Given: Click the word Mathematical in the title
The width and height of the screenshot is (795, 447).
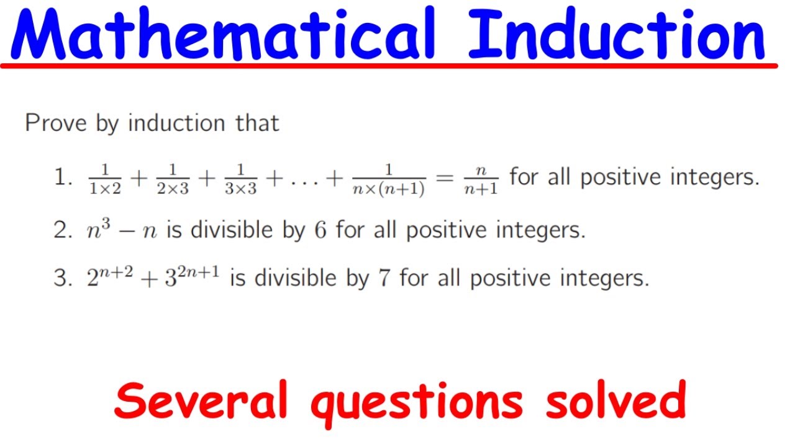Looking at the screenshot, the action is coord(223,33).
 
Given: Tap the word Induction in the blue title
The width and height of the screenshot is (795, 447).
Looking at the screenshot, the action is coord(617,34).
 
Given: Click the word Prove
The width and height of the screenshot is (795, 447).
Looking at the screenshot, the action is coord(56,123).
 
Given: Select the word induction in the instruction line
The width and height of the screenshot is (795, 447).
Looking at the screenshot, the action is coord(177,123).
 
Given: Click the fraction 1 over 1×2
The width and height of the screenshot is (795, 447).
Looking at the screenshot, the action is coord(105,179).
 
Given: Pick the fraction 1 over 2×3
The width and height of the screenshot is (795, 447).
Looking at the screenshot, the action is coord(173,179).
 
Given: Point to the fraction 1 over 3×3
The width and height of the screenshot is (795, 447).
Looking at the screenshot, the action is coord(240,179).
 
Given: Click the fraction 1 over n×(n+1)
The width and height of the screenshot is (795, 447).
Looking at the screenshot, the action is coord(389,180).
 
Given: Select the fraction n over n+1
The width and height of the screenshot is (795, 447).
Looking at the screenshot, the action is coord(481,180).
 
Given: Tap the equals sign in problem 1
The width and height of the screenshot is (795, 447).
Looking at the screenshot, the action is coord(445,178).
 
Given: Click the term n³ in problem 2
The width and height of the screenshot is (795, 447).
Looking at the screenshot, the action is coord(98,229).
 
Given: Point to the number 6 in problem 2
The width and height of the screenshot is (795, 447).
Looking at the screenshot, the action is coord(320,230).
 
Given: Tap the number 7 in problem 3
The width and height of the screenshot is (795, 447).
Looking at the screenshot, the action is coord(384,278).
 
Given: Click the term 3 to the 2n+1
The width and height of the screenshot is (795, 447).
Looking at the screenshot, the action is coord(192,276).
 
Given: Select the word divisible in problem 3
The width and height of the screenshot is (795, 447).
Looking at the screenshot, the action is coord(295,278).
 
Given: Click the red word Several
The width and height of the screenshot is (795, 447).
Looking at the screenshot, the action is coord(201,400).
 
